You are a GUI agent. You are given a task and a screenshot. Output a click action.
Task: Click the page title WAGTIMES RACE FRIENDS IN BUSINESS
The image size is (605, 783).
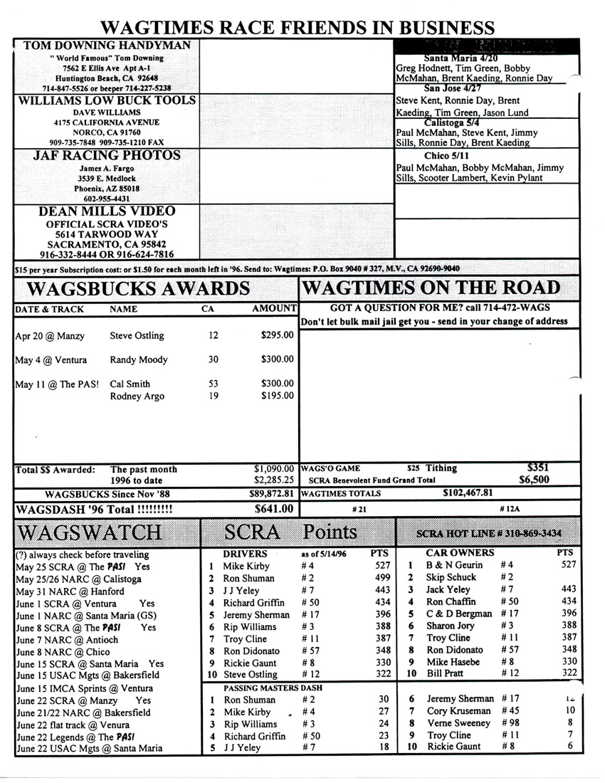coord(297,28)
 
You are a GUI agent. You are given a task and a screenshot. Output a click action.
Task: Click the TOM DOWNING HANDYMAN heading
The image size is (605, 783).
coord(107,46)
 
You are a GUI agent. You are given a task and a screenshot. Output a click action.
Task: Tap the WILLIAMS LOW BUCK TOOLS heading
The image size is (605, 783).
coord(107,100)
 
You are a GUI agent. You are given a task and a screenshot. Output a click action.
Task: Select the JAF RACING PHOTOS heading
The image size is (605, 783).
coord(107,155)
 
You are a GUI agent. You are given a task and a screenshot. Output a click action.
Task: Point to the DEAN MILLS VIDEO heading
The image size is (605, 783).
coord(107,211)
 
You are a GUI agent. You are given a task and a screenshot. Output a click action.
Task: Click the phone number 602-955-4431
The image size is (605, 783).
coord(107,200)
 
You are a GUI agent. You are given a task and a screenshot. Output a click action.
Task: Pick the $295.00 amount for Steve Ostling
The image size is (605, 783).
coord(277,335)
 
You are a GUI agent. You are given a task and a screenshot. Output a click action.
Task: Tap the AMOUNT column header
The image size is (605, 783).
coord(274,309)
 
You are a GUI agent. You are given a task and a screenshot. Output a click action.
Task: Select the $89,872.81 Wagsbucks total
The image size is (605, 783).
coord(274,493)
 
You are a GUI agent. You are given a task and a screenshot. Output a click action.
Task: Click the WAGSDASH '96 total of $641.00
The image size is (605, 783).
coord(274,509)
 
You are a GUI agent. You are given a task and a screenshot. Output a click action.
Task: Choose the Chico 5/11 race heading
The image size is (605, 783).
coord(446,155)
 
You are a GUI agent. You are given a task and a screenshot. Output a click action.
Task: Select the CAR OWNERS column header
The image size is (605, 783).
coord(459,552)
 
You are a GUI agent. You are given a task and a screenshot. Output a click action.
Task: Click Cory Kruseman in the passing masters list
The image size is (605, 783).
coord(459,711)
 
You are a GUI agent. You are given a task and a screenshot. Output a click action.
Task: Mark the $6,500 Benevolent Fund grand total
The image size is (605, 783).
coord(535,480)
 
